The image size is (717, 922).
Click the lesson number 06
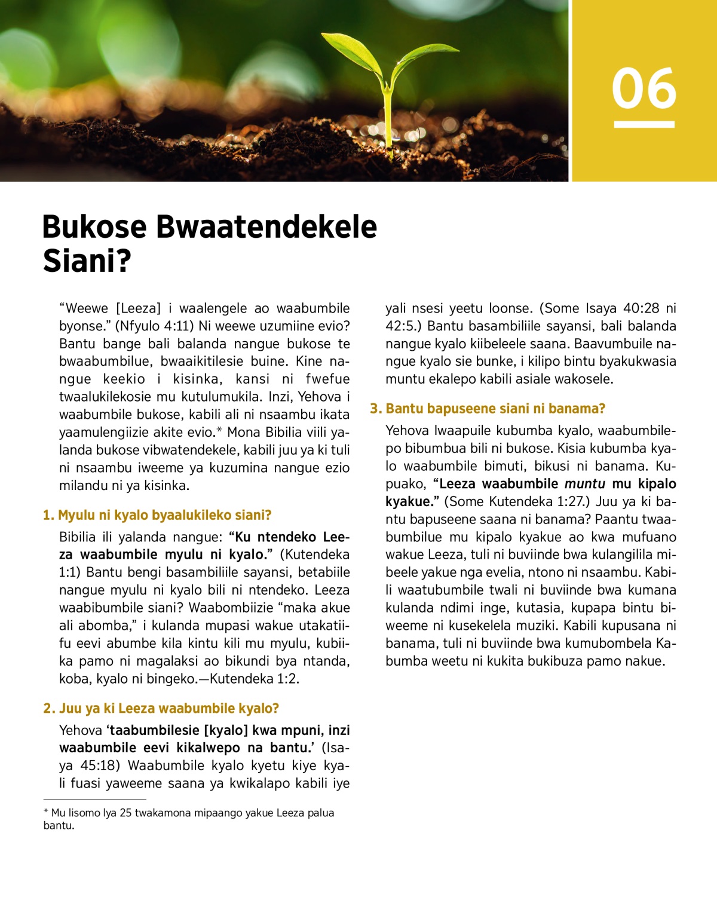click(644, 88)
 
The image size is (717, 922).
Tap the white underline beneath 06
click(644, 124)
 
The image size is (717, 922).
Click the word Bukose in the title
click(94, 227)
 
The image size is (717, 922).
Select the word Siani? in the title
click(87, 261)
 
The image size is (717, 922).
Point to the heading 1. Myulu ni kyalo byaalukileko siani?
click(157, 515)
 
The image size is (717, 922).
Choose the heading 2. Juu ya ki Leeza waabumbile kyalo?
click(161, 708)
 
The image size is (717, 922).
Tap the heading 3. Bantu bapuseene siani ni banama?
click(488, 409)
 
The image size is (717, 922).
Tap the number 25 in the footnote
click(125, 813)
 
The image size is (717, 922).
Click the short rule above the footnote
click(94, 799)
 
